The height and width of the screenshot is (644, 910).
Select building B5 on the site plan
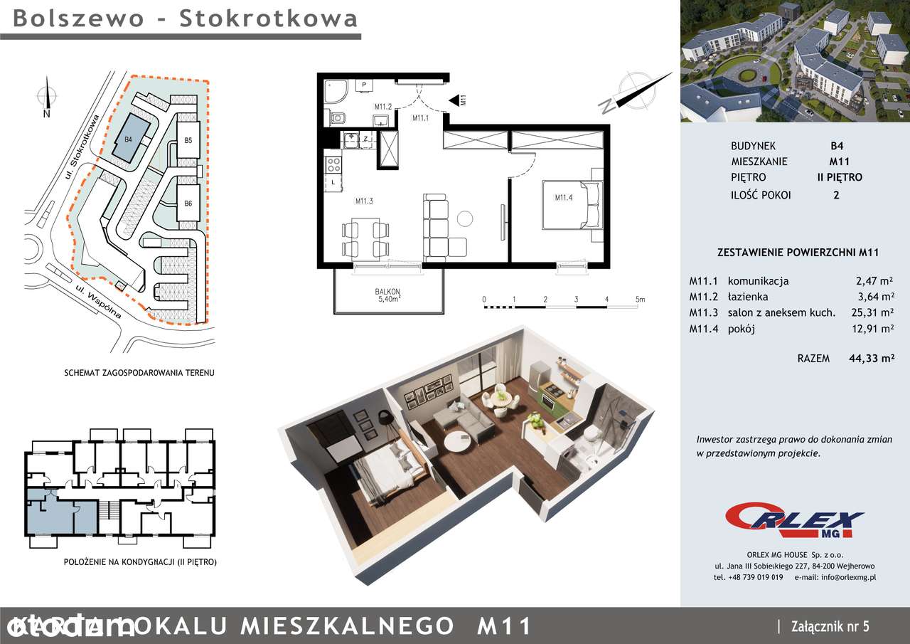tap(188, 140)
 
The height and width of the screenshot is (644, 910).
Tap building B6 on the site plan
tap(188, 204)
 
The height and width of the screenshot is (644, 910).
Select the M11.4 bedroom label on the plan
tap(564, 197)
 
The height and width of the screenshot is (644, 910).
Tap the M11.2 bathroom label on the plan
tap(385, 107)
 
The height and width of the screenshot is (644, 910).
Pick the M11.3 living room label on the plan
tap(365, 201)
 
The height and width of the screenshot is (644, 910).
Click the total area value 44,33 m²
tap(871, 359)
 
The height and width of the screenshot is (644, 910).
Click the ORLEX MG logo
tap(795, 520)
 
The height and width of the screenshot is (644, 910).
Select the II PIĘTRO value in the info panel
tap(839, 177)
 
